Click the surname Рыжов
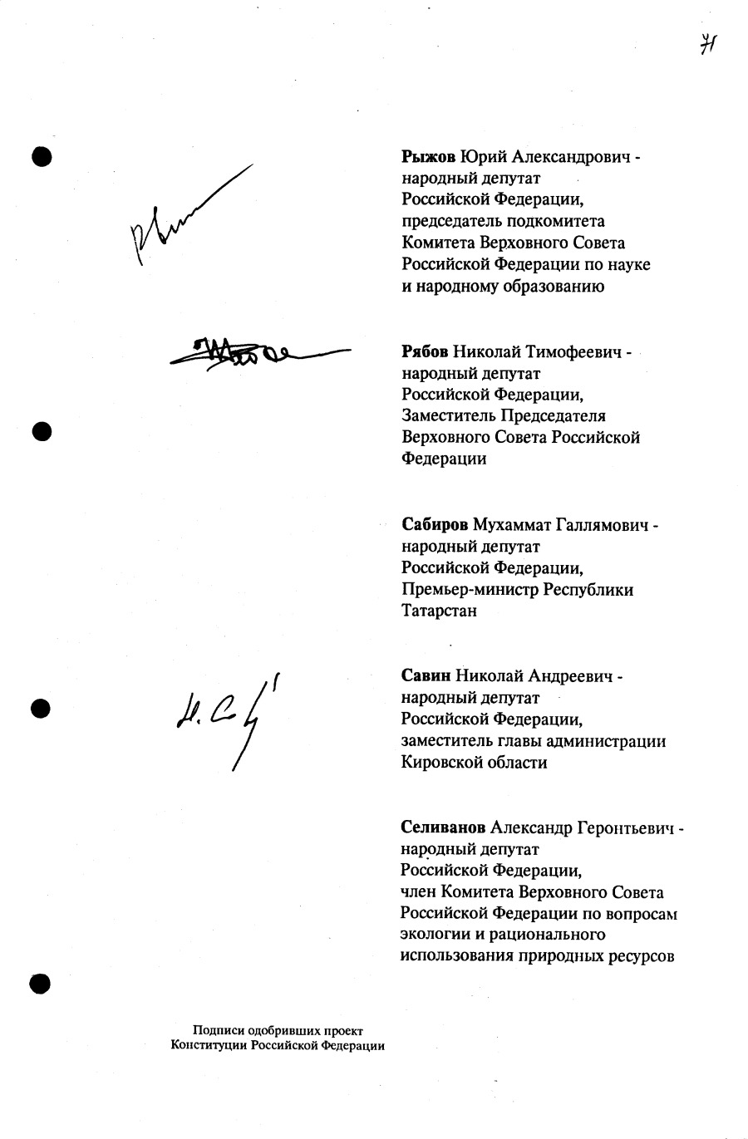(x=429, y=156)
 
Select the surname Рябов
(x=425, y=351)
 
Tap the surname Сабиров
(x=435, y=525)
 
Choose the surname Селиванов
(x=443, y=828)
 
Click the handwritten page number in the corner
(x=707, y=44)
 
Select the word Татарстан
(x=439, y=611)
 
